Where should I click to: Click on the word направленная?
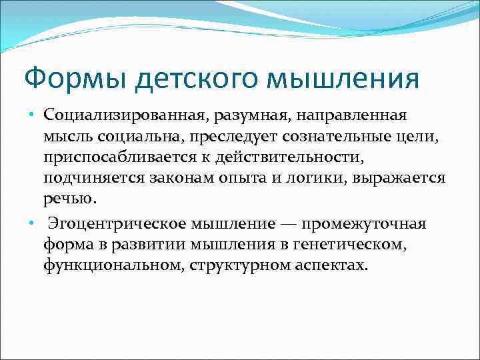[x=357, y=117]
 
